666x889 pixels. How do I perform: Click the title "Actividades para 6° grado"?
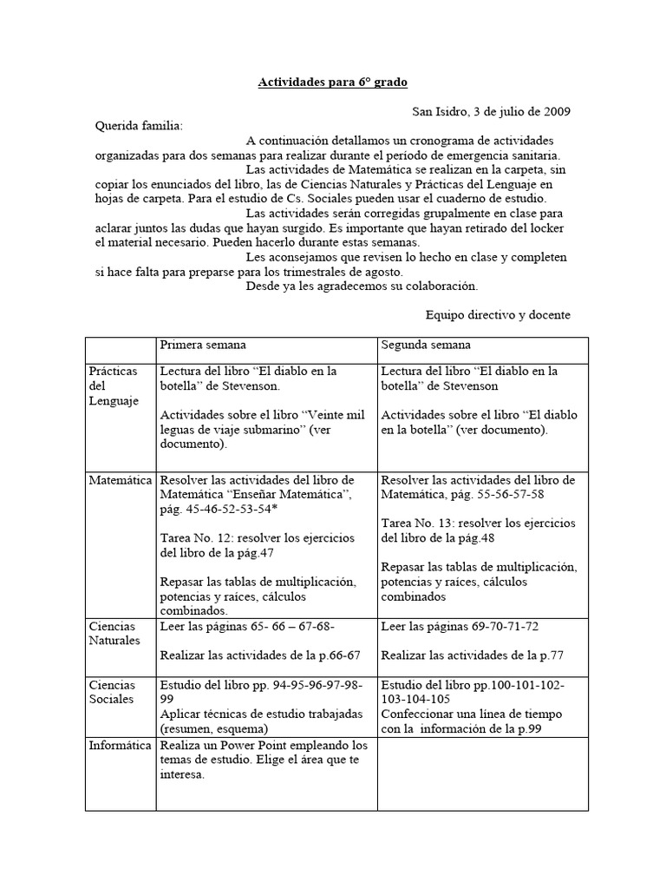[332, 82]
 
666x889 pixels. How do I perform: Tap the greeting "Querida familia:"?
[139, 126]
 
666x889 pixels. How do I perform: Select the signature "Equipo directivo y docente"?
[498, 314]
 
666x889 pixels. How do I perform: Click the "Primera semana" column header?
[202, 345]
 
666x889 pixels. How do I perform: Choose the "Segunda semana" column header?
[425, 345]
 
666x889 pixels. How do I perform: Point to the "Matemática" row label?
[121, 480]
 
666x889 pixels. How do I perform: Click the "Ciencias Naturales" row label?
[114, 633]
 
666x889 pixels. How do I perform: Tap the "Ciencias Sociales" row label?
[112, 692]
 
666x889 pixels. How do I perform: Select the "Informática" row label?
[121, 745]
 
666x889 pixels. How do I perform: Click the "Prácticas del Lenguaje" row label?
[114, 385]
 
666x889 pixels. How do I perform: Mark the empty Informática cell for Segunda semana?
[482, 773]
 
